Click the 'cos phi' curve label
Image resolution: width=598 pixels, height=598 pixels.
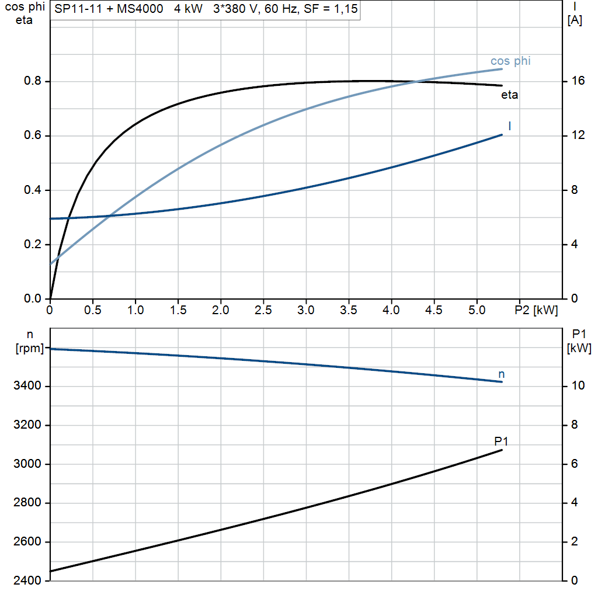[510, 61]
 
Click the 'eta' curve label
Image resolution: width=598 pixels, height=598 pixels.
[509, 95]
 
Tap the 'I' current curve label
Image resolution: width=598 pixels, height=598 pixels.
[510, 126]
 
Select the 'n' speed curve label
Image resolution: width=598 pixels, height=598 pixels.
[501, 374]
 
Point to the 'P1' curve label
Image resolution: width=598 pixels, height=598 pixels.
[501, 441]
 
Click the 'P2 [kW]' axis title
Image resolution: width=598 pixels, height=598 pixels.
[536, 310]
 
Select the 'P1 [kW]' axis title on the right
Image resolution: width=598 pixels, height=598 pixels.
[579, 342]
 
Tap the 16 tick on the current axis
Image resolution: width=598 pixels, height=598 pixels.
[578, 81]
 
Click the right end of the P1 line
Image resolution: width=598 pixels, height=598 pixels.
[502, 450]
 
